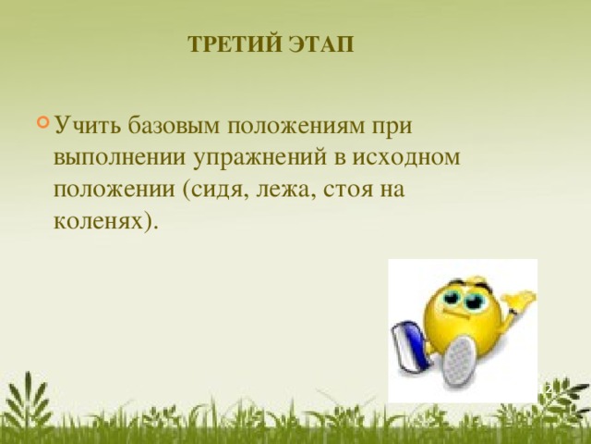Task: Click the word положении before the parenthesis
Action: (x=114, y=190)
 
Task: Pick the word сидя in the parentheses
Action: (x=214, y=190)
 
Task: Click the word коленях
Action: (x=103, y=222)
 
